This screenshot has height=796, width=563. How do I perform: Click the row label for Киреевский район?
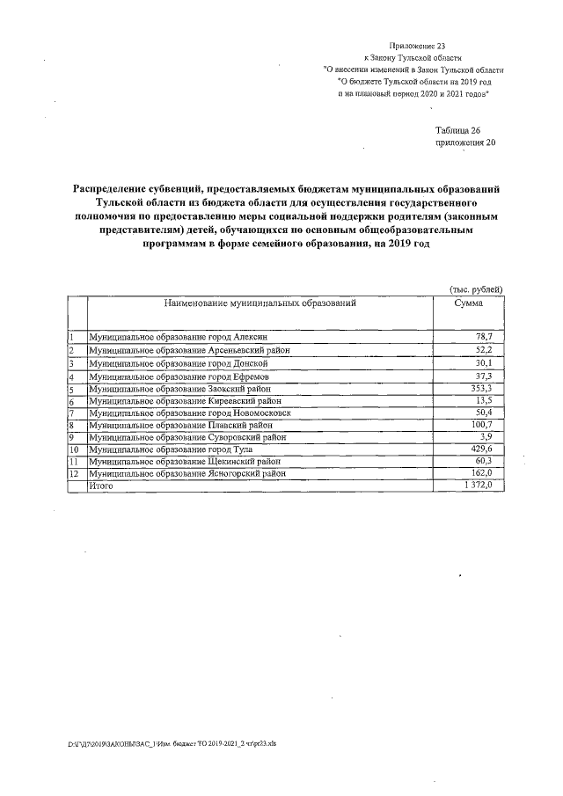click(176, 400)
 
